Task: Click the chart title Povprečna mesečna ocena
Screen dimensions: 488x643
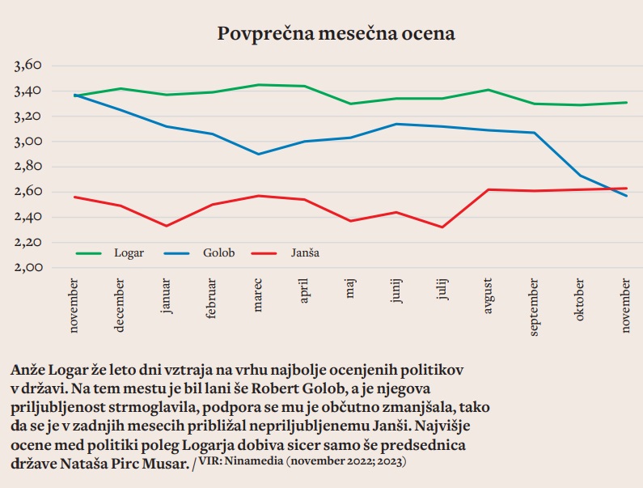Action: (336, 34)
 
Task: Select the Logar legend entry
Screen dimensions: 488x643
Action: (129, 252)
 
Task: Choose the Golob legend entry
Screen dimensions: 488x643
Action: (218, 252)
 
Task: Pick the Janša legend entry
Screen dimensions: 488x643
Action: (305, 252)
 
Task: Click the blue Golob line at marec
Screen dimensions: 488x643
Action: (258, 154)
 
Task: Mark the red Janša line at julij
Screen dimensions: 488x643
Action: (442, 227)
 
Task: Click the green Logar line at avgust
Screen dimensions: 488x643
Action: (489, 90)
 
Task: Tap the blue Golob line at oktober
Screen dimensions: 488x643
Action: (581, 176)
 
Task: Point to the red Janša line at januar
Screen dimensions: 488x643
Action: (167, 226)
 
